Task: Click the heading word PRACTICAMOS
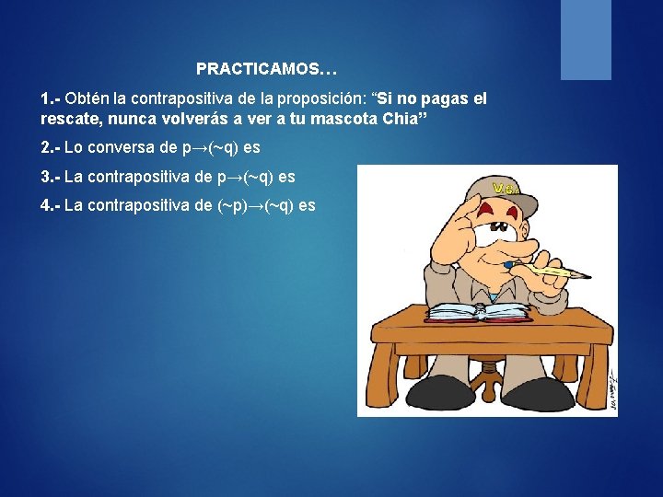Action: coord(260,69)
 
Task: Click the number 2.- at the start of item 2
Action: coord(51,147)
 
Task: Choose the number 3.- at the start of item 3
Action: coord(51,176)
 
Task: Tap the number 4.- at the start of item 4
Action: coord(51,204)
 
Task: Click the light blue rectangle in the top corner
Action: coord(586,40)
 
